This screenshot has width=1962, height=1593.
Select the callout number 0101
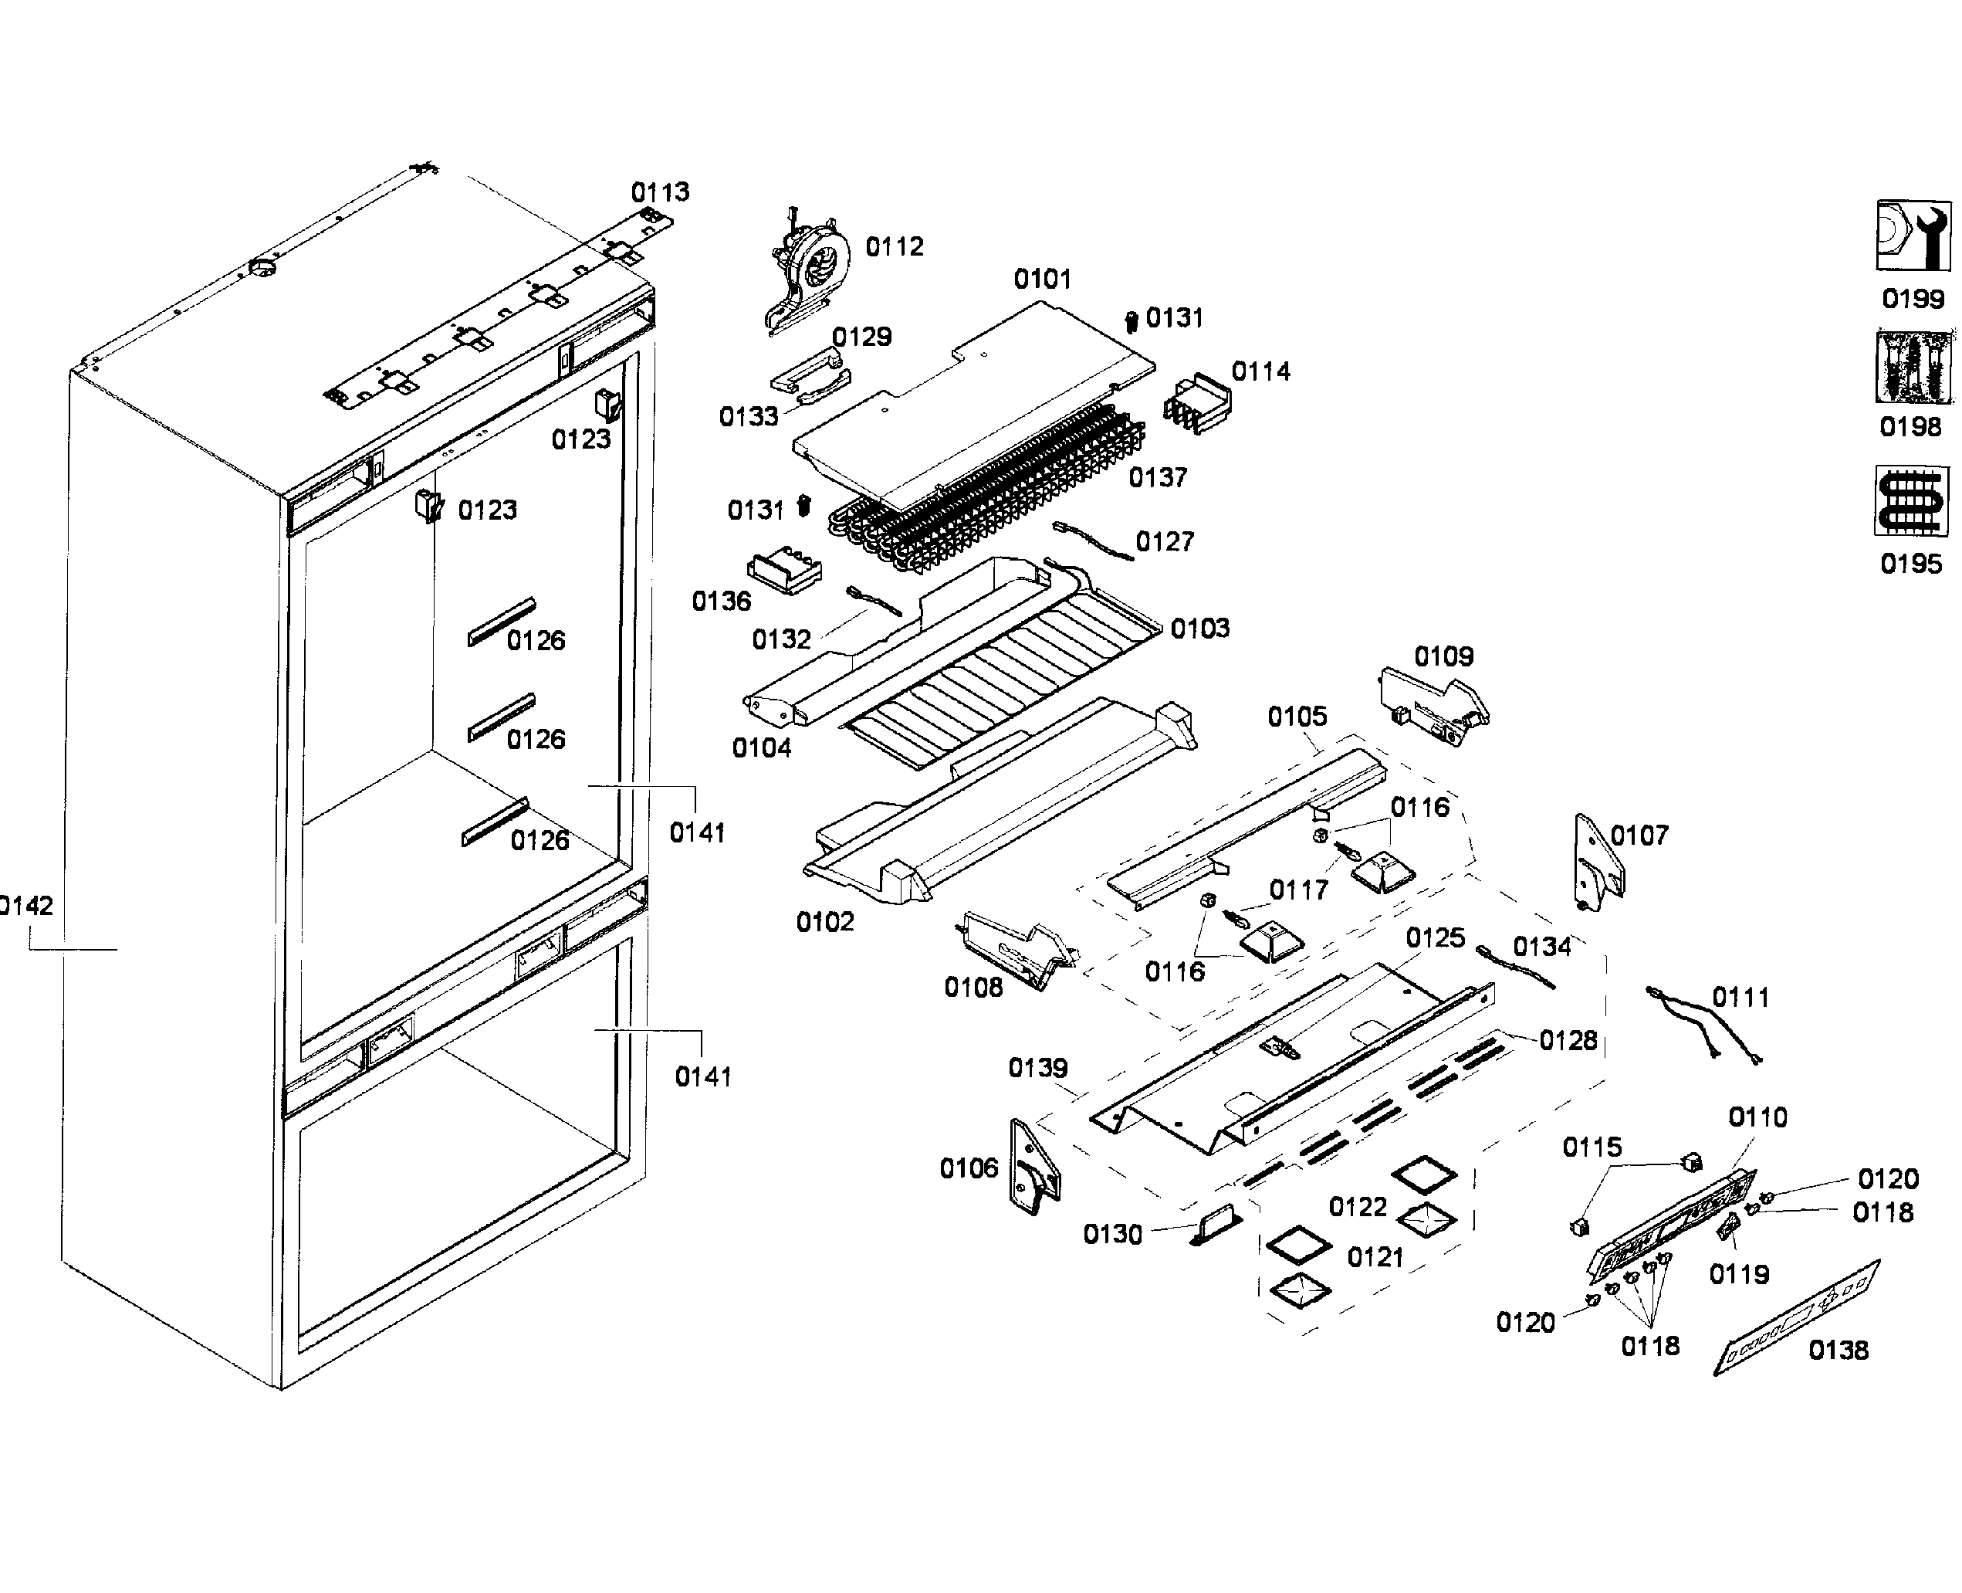[1042, 279]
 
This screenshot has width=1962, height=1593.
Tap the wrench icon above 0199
[1913, 235]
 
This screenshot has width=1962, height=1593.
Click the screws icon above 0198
[1913, 367]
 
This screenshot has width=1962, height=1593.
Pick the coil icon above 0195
[1912, 501]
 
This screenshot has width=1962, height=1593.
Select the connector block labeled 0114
[1197, 404]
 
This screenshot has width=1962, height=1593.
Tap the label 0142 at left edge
[25, 907]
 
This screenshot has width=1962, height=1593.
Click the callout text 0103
[1199, 629]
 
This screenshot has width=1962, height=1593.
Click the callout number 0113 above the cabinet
[661, 193]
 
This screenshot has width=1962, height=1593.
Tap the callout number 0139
[1037, 1068]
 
